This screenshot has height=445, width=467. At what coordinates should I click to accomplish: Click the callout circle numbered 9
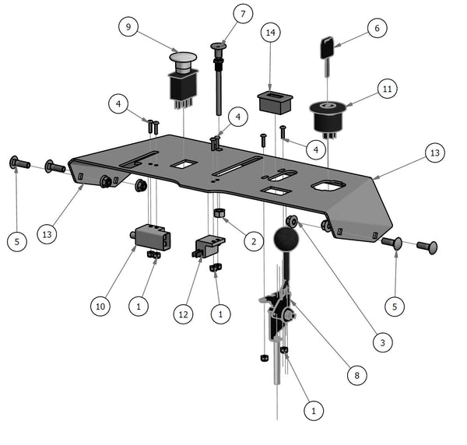[x=128, y=28]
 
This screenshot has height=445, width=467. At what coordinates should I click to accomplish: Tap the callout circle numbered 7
[x=242, y=15]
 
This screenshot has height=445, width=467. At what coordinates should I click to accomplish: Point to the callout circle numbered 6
[x=377, y=29]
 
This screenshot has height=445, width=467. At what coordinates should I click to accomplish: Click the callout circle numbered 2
[x=251, y=241]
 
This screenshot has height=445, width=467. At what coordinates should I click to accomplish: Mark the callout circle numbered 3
[x=381, y=341]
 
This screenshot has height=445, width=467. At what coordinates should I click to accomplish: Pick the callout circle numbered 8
[x=356, y=376]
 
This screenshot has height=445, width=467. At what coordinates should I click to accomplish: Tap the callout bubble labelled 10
[x=100, y=307]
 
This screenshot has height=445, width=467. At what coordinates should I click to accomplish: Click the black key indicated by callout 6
[x=327, y=48]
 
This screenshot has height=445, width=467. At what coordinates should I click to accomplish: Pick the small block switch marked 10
[x=149, y=236]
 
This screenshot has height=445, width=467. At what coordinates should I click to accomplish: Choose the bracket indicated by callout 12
[x=208, y=246]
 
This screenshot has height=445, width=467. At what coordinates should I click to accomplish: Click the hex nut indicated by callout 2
[x=219, y=212]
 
